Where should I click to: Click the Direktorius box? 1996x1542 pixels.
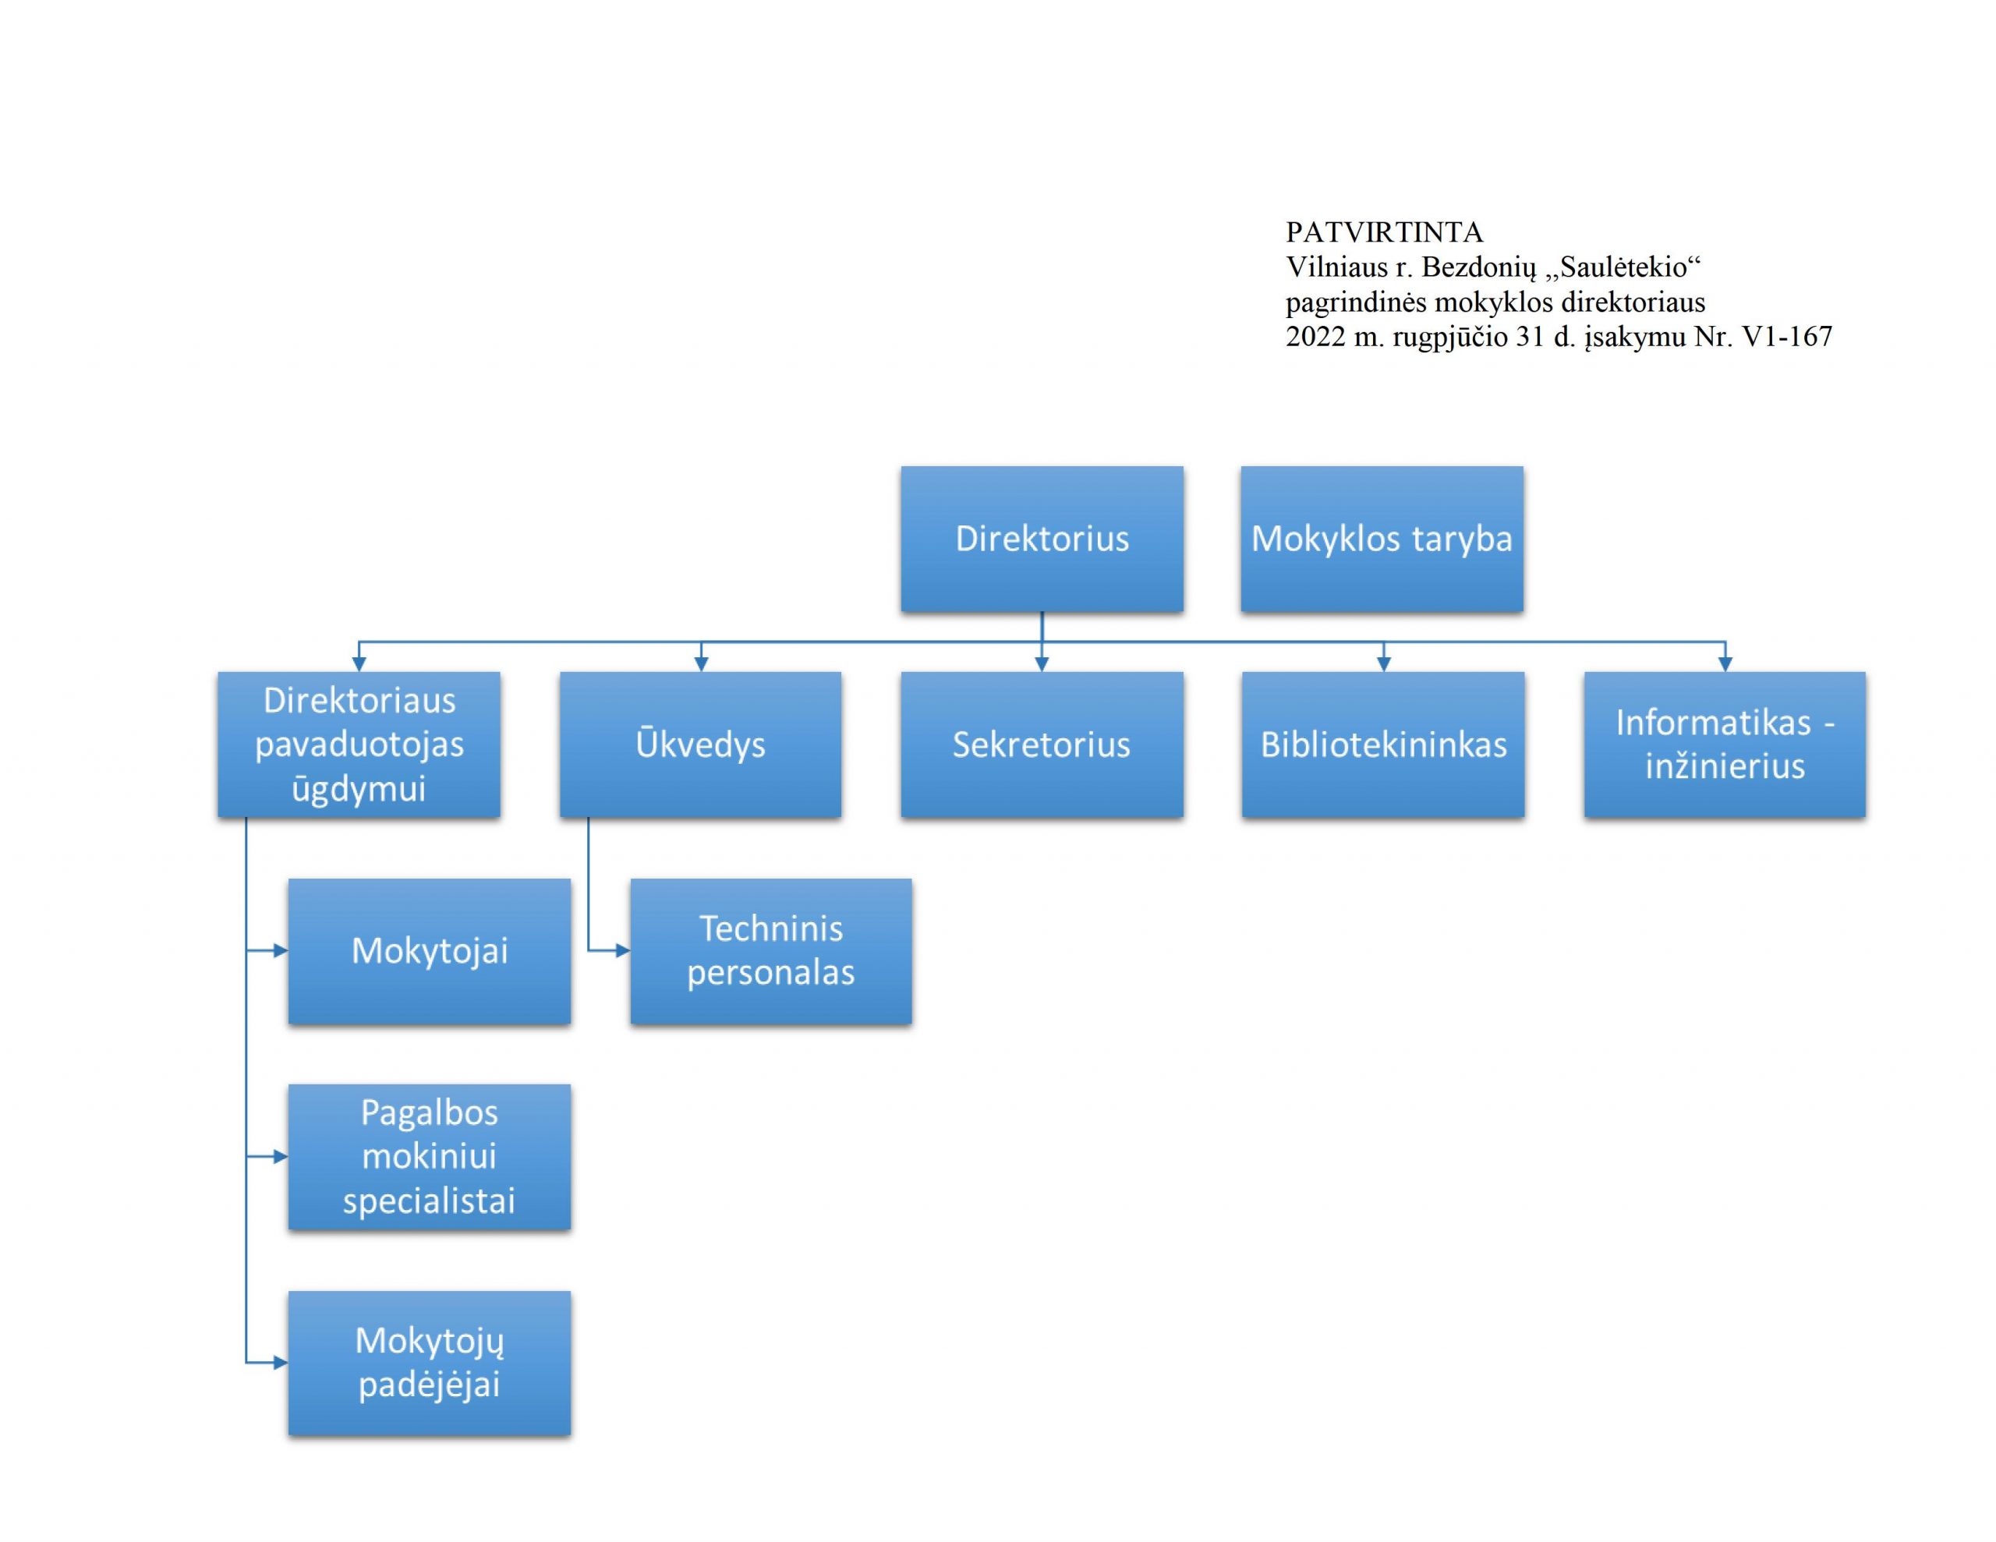click(x=1042, y=539)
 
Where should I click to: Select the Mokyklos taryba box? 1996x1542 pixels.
click(x=1382, y=539)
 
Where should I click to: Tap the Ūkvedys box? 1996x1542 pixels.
click(x=701, y=744)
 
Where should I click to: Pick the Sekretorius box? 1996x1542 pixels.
click(x=1042, y=744)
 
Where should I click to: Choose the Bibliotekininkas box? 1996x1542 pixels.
click(x=1384, y=744)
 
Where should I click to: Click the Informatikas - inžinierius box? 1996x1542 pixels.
click(x=1725, y=744)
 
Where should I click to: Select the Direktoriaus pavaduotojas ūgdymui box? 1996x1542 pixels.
click(x=359, y=744)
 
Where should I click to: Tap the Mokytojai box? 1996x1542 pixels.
click(x=430, y=950)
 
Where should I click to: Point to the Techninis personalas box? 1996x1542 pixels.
click(x=771, y=950)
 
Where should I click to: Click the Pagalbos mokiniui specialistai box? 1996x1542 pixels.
click(x=430, y=1156)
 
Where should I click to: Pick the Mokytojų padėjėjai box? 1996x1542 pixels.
click(x=430, y=1363)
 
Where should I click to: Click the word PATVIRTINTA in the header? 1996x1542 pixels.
click(x=1384, y=232)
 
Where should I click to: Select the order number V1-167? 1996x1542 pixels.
click(x=1787, y=336)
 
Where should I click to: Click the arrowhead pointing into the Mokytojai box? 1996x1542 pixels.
click(x=281, y=950)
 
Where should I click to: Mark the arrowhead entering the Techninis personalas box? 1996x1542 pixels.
click(x=623, y=950)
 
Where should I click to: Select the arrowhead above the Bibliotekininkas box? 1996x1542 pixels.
click(x=1384, y=664)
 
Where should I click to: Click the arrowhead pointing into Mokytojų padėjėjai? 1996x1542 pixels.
click(x=281, y=1363)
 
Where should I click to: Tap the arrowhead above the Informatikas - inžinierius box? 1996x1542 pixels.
click(x=1725, y=664)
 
